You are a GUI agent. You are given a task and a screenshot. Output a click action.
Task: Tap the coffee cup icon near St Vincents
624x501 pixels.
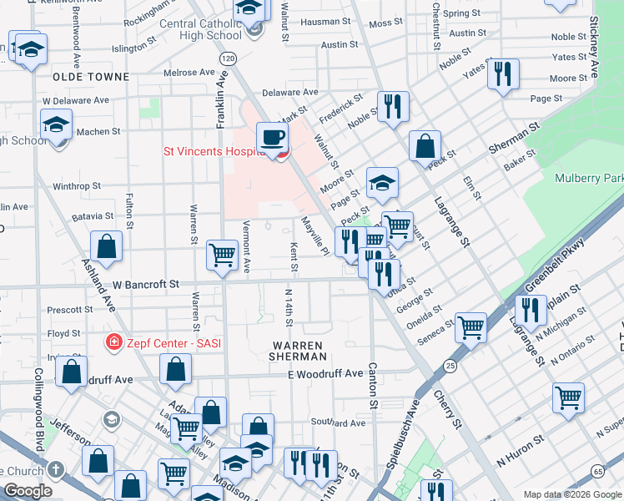coord(271,137)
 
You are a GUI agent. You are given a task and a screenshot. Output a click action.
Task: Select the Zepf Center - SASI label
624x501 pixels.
coord(174,342)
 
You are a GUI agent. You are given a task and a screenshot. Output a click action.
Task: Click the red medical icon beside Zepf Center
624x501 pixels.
coord(112,342)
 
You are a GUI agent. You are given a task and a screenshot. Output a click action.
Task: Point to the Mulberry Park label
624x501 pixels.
coord(589,178)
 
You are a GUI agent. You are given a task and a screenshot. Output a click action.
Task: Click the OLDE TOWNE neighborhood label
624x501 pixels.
coord(91,77)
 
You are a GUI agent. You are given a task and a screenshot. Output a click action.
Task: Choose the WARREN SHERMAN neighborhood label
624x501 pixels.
coord(293,350)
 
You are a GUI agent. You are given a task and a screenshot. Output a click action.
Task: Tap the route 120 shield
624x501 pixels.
coord(228,58)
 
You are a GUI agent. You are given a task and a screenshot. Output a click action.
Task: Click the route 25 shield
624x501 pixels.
coord(450,366)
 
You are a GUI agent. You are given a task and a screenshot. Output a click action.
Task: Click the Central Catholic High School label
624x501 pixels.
coord(200,29)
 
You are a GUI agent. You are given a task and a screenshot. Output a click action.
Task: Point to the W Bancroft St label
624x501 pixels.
coord(146,284)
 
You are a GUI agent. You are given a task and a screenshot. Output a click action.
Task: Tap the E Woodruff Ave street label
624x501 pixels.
coord(325,373)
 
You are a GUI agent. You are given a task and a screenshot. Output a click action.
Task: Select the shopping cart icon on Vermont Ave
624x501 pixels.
coord(222,254)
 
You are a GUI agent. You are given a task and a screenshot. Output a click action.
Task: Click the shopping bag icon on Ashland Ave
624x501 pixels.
coord(106,246)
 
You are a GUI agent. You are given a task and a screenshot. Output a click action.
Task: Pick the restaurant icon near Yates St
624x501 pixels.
coord(502,73)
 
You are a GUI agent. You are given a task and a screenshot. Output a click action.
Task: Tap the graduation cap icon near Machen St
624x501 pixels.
coord(55,126)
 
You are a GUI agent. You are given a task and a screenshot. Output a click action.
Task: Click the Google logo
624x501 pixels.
coord(27,492)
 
